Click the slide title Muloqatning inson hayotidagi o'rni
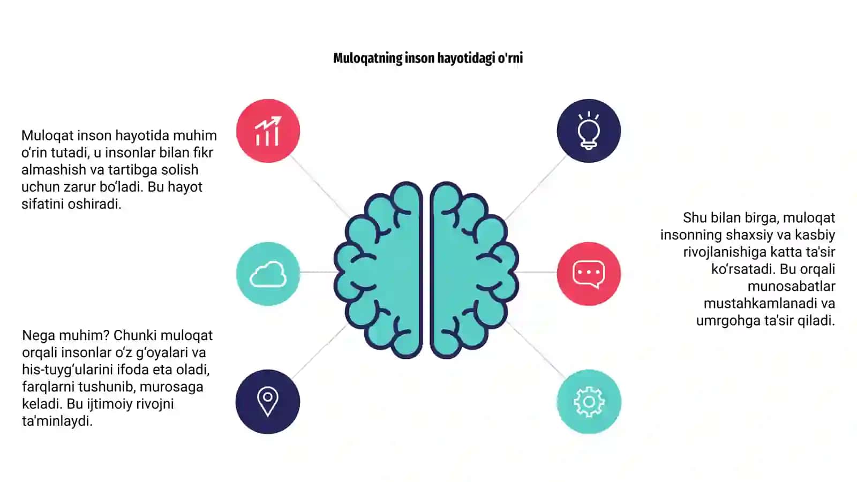point(428,58)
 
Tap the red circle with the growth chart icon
point(268,131)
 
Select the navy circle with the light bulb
point(589,131)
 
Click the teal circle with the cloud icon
point(268,274)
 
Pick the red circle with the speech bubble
point(589,274)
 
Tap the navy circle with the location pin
point(268,402)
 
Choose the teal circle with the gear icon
point(589,402)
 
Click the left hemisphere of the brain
point(378,270)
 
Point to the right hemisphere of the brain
point(475,270)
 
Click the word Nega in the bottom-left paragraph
point(37,335)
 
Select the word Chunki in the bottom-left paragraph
point(135,335)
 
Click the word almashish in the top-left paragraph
point(54,169)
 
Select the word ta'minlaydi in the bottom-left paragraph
point(57,421)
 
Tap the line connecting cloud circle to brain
point(318,272)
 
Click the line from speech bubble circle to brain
point(537,272)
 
